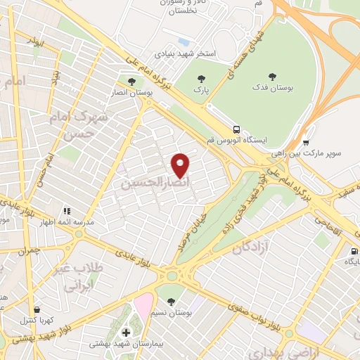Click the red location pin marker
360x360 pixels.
(181, 165)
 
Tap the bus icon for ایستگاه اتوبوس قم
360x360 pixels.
(236, 129)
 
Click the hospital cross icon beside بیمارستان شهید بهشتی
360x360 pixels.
(126, 333)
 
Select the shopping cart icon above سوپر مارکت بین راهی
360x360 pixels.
(305, 141)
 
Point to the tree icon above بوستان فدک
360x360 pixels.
(272, 77)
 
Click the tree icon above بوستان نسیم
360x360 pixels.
(171, 301)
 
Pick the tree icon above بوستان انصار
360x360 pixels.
(130, 82)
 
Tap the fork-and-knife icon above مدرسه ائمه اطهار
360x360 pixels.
(67, 210)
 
